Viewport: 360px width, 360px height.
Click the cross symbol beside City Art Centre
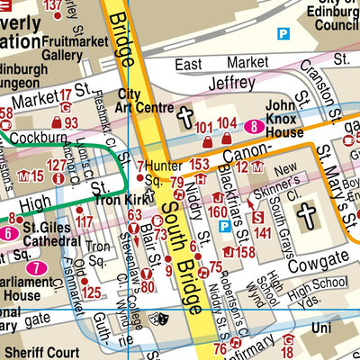coord(185,118)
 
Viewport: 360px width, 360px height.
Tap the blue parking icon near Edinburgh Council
coord(283,34)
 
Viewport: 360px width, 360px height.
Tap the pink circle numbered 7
coord(35,268)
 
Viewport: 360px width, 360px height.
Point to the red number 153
coord(199,164)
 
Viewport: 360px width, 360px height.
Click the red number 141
coord(263,232)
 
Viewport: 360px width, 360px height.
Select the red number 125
coord(90,293)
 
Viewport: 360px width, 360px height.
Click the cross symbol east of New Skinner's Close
coord(307,214)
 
